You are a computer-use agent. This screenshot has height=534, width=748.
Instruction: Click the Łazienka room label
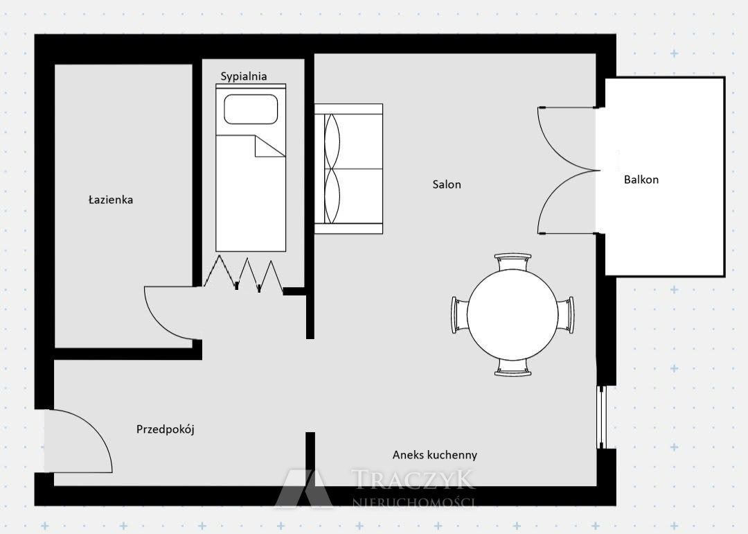pyautogui.click(x=111, y=200)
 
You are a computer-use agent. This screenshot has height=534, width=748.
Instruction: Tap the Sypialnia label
pyautogui.click(x=244, y=76)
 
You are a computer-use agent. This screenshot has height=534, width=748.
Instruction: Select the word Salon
pyautogui.click(x=447, y=184)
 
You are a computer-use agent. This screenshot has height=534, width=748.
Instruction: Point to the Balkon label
pyautogui.click(x=641, y=180)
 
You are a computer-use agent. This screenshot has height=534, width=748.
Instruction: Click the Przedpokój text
pyautogui.click(x=166, y=429)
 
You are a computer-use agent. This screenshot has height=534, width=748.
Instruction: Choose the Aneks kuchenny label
pyautogui.click(x=434, y=455)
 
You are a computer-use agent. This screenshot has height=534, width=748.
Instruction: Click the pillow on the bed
pyautogui.click(x=251, y=109)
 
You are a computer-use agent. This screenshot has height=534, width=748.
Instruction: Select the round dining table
pyautogui.click(x=513, y=315)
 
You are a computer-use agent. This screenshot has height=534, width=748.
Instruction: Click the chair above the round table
pyautogui.click(x=513, y=261)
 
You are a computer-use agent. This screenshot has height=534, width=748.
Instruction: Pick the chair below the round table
pyautogui.click(x=513, y=368)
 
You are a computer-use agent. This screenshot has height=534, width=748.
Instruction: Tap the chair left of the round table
pyautogui.click(x=460, y=315)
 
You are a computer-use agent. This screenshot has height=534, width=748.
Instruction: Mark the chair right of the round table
pyautogui.click(x=566, y=315)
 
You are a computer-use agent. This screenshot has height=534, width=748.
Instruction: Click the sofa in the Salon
pyautogui.click(x=348, y=169)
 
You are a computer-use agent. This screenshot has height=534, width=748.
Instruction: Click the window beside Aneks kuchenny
pyautogui.click(x=602, y=417)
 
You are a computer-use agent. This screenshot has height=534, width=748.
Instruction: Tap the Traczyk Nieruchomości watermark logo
pyautogui.click(x=375, y=488)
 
